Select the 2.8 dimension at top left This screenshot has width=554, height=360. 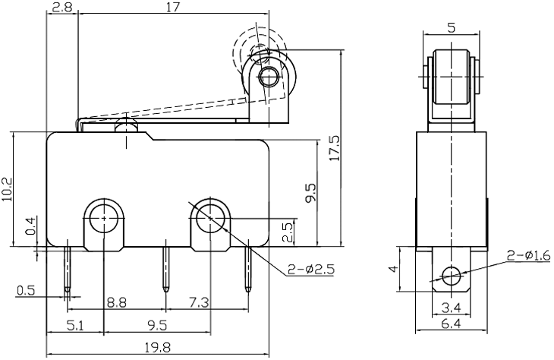[62, 8]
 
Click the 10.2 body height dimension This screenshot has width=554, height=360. [8, 190]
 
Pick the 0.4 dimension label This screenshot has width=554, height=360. [30, 226]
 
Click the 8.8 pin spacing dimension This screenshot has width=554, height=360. [116, 302]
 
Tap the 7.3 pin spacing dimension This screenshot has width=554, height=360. [197, 302]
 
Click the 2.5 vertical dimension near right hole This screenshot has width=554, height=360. [288, 232]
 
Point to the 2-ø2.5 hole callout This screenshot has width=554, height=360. [311, 268]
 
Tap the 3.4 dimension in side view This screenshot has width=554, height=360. [452, 307]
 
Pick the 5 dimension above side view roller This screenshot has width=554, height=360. [452, 29]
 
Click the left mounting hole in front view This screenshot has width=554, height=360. [102, 219]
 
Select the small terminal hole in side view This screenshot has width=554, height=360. [452, 275]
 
